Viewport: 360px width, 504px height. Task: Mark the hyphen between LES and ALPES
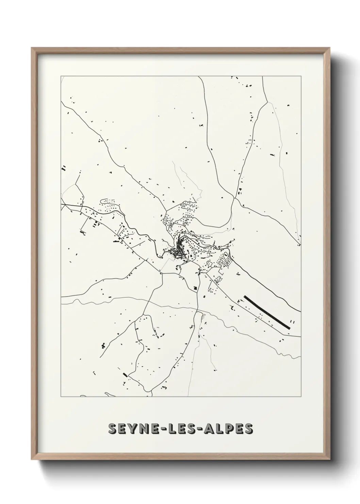202,429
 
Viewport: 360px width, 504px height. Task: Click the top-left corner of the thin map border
61,76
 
